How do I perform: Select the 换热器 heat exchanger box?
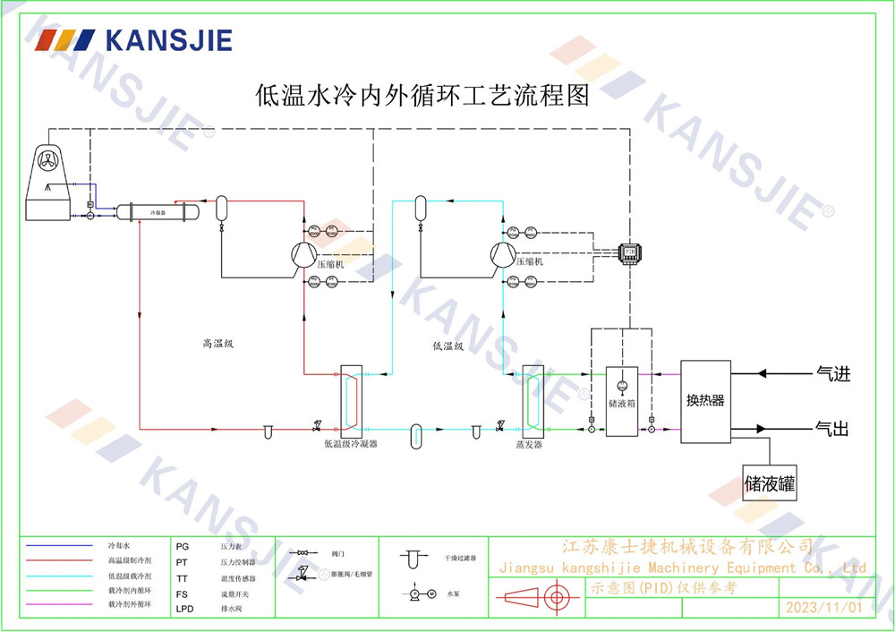[x=705, y=401]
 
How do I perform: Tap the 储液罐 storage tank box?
[x=770, y=483]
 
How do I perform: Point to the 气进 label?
[x=832, y=373]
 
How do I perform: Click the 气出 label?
[x=832, y=429]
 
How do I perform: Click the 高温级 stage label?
[x=217, y=343]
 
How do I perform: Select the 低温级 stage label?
[x=447, y=346]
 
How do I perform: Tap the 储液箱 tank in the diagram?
[x=622, y=401]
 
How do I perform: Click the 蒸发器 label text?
[x=529, y=444]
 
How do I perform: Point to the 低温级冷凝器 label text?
[x=351, y=443]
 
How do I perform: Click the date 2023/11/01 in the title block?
[x=823, y=608]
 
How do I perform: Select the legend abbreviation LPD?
[x=185, y=608]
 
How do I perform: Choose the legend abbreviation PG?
[x=183, y=545]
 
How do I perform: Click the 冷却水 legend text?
[x=119, y=545]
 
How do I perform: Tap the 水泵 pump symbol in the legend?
[x=419, y=594]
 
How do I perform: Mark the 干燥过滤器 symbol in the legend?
[x=413, y=559]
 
